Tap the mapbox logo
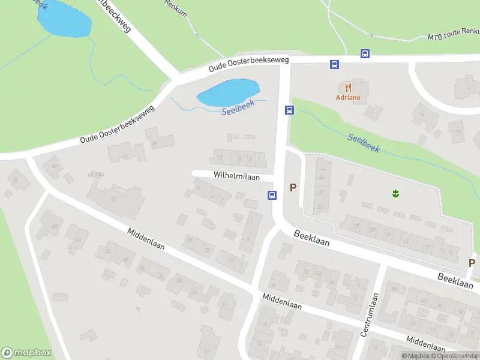tap(26, 353)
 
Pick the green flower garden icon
tap(395, 193)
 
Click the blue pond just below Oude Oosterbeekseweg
tap(228, 92)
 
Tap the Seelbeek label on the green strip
tap(364, 142)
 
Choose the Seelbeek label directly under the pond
tap(238, 107)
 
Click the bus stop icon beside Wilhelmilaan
tap(272, 195)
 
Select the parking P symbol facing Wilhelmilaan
tap(293, 187)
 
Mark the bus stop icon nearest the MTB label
tap(364, 53)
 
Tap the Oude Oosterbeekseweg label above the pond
tap(248, 65)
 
